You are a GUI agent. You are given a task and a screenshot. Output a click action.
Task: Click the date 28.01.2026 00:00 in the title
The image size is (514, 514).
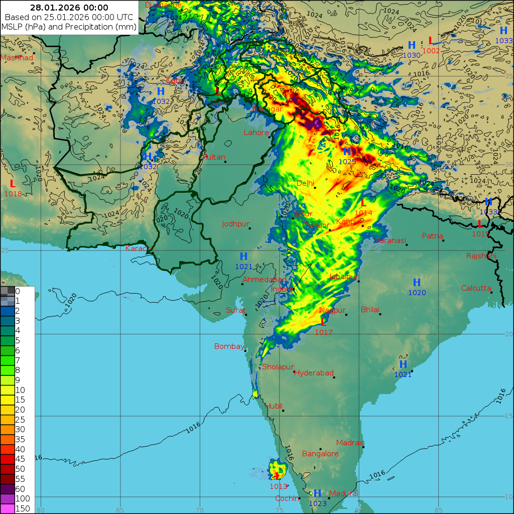click(69, 8)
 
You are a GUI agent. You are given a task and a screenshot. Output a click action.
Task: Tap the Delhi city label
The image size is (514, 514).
click(305, 183)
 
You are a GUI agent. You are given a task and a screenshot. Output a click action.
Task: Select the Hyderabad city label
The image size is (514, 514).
click(314, 373)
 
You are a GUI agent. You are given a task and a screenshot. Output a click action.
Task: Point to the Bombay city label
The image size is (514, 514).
click(229, 346)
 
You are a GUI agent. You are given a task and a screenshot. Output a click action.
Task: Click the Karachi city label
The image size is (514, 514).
click(139, 248)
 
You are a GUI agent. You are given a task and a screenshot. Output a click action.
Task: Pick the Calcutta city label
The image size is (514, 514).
click(476, 288)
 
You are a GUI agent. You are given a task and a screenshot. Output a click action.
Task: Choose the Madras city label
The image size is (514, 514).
click(349, 443)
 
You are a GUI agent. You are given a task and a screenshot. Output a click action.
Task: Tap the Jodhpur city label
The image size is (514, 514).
click(236, 224)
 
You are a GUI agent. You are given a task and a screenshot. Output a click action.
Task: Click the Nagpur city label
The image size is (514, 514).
click(332, 310)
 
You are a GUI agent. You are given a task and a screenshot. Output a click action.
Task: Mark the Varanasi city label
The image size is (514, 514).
click(390, 240)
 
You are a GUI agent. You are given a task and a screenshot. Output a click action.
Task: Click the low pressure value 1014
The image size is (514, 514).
click(363, 213)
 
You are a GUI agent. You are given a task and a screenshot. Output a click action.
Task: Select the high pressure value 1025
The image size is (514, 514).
click(347, 162)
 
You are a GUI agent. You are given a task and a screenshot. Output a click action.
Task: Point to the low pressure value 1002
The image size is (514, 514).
click(431, 51)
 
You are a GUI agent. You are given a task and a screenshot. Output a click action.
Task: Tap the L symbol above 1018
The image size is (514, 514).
click(13, 184)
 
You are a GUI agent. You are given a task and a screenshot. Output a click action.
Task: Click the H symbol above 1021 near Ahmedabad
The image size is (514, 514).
click(243, 257)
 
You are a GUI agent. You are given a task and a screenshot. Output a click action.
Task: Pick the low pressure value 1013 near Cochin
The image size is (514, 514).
click(278, 486)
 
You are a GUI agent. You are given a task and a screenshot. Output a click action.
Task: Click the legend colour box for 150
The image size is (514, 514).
click(8, 508)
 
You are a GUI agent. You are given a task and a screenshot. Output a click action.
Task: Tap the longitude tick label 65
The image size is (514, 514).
click(119, 510)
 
